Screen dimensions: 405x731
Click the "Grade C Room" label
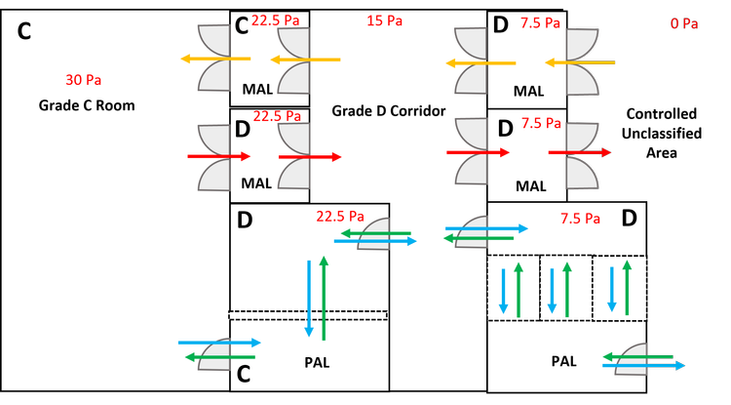click(86, 105)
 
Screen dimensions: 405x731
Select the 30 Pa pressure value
click(83, 80)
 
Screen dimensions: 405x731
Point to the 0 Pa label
click(684, 23)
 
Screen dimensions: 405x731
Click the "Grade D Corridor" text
click(388, 111)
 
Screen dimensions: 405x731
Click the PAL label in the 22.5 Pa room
click(317, 362)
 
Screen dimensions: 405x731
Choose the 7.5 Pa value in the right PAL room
click(583, 218)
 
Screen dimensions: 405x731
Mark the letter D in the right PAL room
click(629, 218)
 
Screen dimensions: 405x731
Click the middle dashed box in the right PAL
click(566, 288)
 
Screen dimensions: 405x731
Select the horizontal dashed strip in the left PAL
click(308, 315)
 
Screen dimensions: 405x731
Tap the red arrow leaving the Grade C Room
click(220, 156)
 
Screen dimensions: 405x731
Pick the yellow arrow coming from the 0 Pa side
click(579, 63)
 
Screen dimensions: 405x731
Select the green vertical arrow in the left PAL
click(324, 297)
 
